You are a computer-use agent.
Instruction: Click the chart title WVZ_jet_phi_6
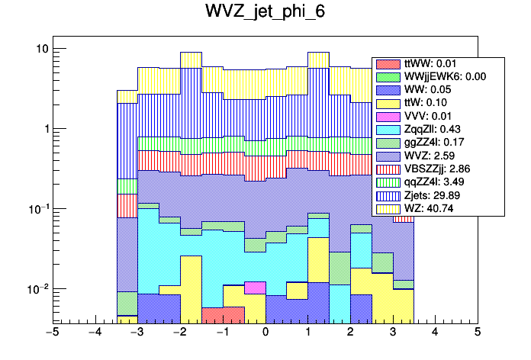[265, 13]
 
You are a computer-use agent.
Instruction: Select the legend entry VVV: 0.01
[430, 116]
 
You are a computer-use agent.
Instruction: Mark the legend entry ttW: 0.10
[429, 102]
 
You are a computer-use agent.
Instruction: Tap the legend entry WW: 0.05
[429, 89]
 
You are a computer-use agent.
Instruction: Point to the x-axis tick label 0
[265, 333]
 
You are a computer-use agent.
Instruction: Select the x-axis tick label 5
[478, 333]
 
